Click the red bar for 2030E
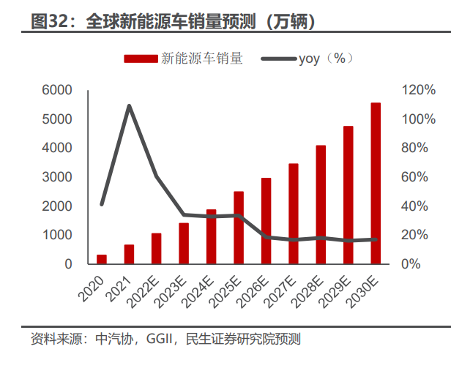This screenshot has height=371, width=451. pyautogui.click(x=376, y=183)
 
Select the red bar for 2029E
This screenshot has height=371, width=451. pyautogui.click(x=348, y=195)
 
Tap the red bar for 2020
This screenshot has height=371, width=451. pyautogui.click(x=102, y=259)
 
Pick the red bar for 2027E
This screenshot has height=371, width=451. pyautogui.click(x=293, y=213)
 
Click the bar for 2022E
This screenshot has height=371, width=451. pyautogui.click(x=157, y=248)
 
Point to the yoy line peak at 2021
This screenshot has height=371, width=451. pyautogui.click(x=129, y=106)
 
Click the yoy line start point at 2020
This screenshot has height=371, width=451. pyautogui.click(x=102, y=204)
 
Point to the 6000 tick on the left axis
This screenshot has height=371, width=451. pyautogui.click(x=57, y=90)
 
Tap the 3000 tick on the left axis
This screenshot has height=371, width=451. pyautogui.click(x=57, y=177)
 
